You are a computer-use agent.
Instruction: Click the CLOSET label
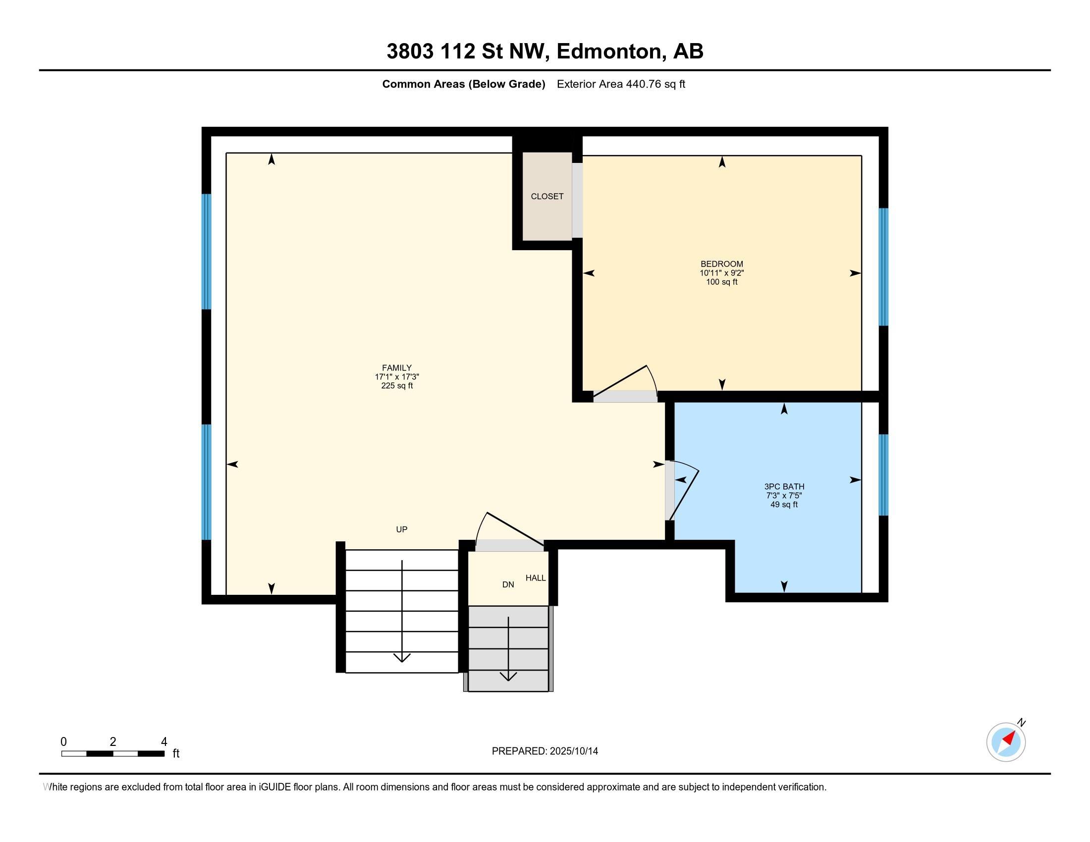pyautogui.click(x=547, y=197)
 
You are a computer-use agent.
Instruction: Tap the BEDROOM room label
pyautogui.click(x=722, y=264)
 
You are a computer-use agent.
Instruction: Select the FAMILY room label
pyautogui.click(x=397, y=368)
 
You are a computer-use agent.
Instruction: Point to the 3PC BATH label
pyautogui.click(x=784, y=487)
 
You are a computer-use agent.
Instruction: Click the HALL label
pyautogui.click(x=536, y=578)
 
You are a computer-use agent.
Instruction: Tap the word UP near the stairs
pyautogui.click(x=402, y=529)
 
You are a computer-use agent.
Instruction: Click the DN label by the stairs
pyautogui.click(x=508, y=584)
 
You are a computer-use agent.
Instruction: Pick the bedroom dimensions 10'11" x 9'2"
pyautogui.click(x=722, y=273)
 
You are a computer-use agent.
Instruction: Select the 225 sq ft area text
pyautogui.click(x=397, y=385)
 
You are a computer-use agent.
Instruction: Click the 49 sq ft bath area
pyautogui.click(x=784, y=504)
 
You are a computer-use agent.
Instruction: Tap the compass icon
pyautogui.click(x=1006, y=742)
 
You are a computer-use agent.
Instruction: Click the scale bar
pyautogui.click(x=113, y=753)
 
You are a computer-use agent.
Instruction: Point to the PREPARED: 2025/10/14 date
pyautogui.click(x=545, y=751)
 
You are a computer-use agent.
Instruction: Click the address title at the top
pyautogui.click(x=545, y=51)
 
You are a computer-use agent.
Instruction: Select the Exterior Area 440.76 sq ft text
pyautogui.click(x=621, y=84)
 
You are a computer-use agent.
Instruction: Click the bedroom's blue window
pyautogui.click(x=883, y=267)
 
